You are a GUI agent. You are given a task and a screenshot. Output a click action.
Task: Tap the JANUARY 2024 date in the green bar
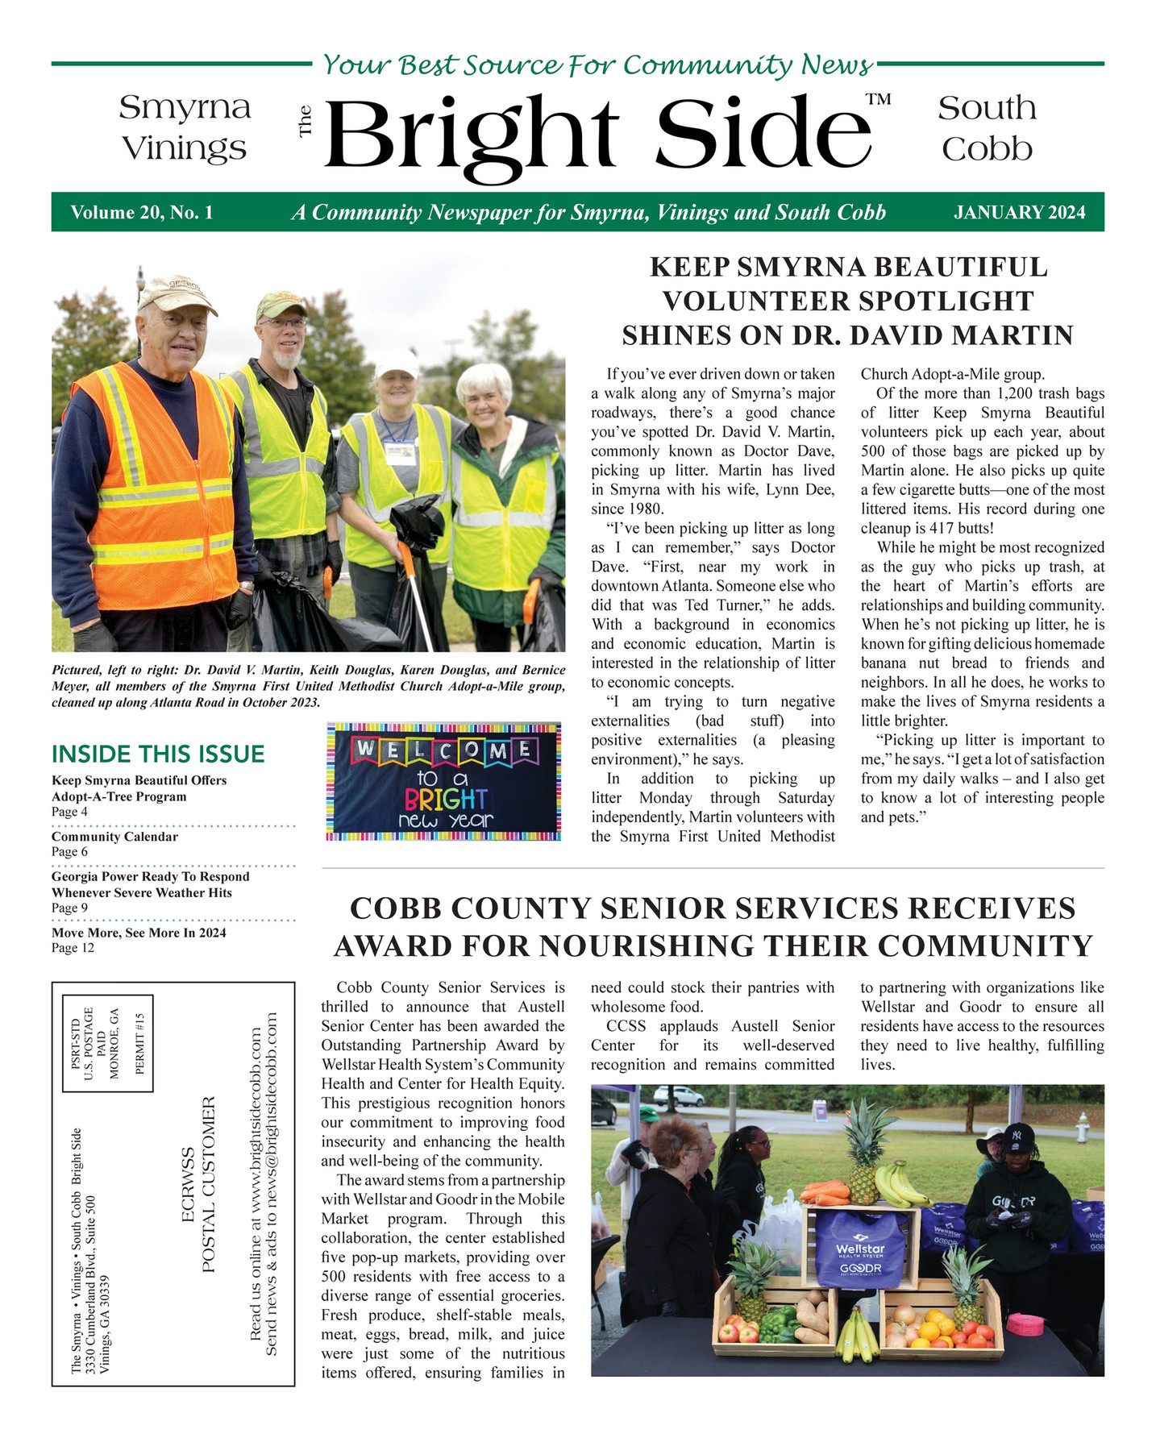(1019, 213)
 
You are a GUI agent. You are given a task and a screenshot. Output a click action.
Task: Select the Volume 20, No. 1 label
(142, 213)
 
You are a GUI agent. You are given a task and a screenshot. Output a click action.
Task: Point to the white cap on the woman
(397, 362)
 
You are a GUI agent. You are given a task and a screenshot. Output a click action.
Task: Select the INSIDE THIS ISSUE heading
(158, 754)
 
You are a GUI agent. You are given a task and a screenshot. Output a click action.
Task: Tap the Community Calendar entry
(114, 837)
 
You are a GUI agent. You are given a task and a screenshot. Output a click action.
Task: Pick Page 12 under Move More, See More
(73, 949)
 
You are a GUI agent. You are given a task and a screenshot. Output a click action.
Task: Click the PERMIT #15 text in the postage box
(139, 1044)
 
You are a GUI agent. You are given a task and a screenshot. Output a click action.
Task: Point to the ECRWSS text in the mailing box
(188, 1185)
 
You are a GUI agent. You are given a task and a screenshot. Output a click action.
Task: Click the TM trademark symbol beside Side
(878, 100)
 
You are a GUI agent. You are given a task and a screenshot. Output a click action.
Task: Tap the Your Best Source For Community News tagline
(597, 64)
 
